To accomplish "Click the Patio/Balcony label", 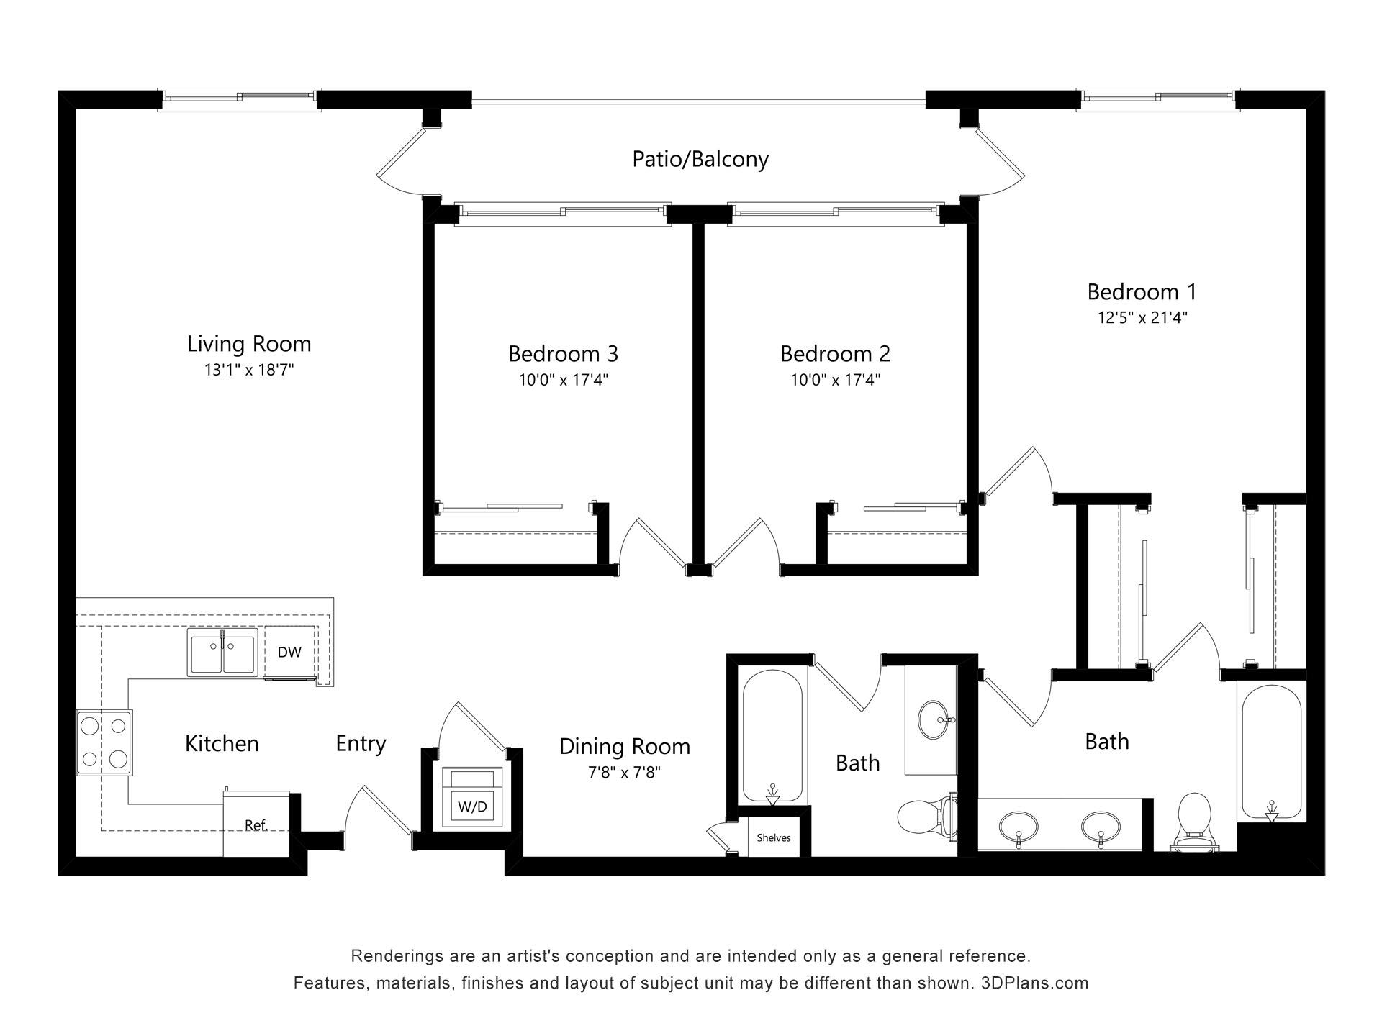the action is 700,159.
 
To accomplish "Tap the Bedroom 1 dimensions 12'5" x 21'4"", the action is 1142,317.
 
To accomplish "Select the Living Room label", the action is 249,344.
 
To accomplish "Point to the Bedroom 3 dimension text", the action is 564,380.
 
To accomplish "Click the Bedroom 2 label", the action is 835,354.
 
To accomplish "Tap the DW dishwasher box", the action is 289,653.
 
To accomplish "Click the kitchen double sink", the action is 222,652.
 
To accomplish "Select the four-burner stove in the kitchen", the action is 104,742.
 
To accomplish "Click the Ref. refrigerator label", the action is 256,825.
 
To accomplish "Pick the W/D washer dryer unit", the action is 472,798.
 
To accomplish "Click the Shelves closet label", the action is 774,837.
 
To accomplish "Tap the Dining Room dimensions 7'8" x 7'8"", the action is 625,773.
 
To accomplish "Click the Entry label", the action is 361,743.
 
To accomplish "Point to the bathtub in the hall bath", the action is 772,736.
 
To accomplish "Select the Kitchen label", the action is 222,743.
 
